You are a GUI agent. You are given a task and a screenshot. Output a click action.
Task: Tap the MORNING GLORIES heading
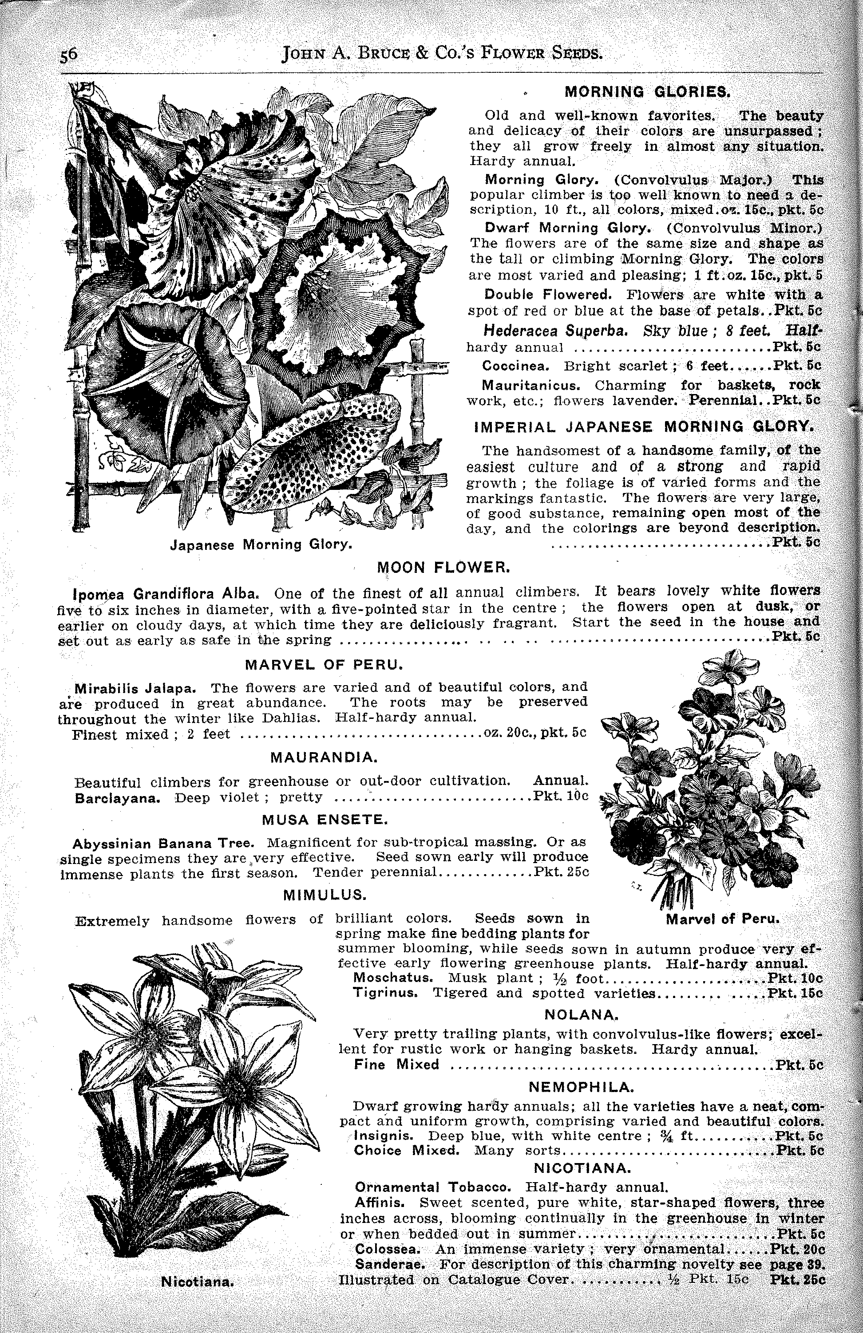647,91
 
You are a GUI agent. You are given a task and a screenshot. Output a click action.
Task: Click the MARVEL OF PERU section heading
325,665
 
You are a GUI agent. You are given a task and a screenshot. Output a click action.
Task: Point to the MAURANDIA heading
325,758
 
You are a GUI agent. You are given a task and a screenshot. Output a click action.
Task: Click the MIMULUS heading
325,895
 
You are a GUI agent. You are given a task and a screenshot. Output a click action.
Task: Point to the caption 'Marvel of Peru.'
723,919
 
